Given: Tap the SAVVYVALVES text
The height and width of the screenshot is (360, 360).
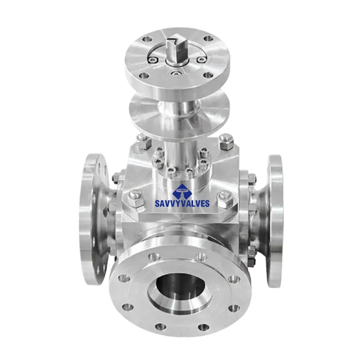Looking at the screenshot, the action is tap(182, 203).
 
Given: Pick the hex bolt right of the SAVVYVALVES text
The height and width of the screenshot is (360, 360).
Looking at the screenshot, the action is tap(226, 198).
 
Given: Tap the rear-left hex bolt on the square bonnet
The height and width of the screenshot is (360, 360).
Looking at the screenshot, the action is tap(144, 142).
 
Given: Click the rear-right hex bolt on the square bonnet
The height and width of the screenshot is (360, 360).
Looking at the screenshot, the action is tap(226, 141).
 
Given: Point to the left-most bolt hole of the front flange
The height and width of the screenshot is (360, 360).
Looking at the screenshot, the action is tap(123, 279).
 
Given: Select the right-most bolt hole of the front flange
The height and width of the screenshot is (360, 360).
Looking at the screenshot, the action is tap(234, 279).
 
